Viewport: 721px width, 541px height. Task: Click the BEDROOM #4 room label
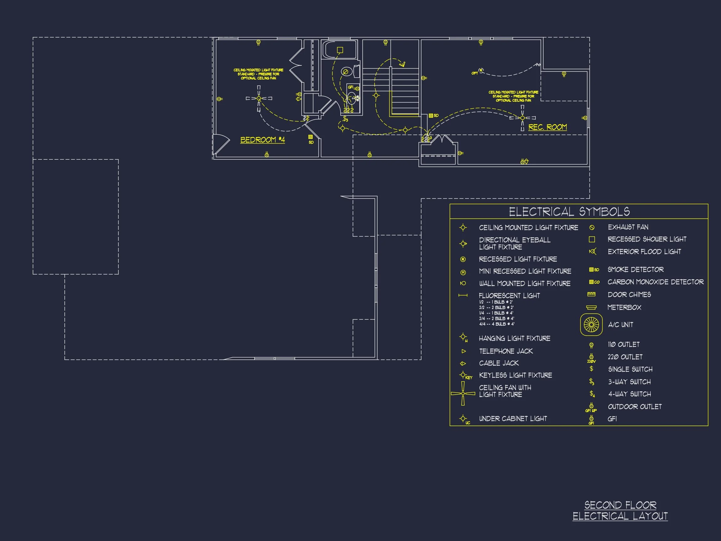pos(262,140)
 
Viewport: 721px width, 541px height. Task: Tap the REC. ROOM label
pos(547,127)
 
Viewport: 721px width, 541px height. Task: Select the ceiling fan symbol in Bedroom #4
pos(259,98)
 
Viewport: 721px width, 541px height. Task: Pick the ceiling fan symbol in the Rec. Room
pos(522,118)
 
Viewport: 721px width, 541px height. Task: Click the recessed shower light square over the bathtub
pos(340,50)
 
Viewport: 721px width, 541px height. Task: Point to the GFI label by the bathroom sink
pos(350,87)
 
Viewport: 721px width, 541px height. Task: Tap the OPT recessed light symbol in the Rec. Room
pos(481,70)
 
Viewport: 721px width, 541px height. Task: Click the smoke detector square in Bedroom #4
pos(310,137)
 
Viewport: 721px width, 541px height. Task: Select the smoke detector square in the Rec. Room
pos(431,116)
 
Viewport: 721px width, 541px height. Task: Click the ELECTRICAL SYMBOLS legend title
pos(569,212)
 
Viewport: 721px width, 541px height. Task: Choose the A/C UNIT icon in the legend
pos(591,324)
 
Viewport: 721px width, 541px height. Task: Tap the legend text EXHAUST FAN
pos(628,227)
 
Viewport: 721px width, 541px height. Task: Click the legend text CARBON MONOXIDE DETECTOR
pos(655,282)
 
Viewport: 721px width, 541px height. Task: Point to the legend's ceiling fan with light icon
pos(463,394)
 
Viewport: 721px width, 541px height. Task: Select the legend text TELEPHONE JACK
pos(506,351)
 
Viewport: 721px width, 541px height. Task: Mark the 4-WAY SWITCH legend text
pos(629,394)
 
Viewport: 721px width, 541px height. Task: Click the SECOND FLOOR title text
pos(620,505)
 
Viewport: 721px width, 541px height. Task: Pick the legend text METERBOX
pos(624,307)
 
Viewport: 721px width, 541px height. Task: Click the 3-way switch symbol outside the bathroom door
pos(345,119)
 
